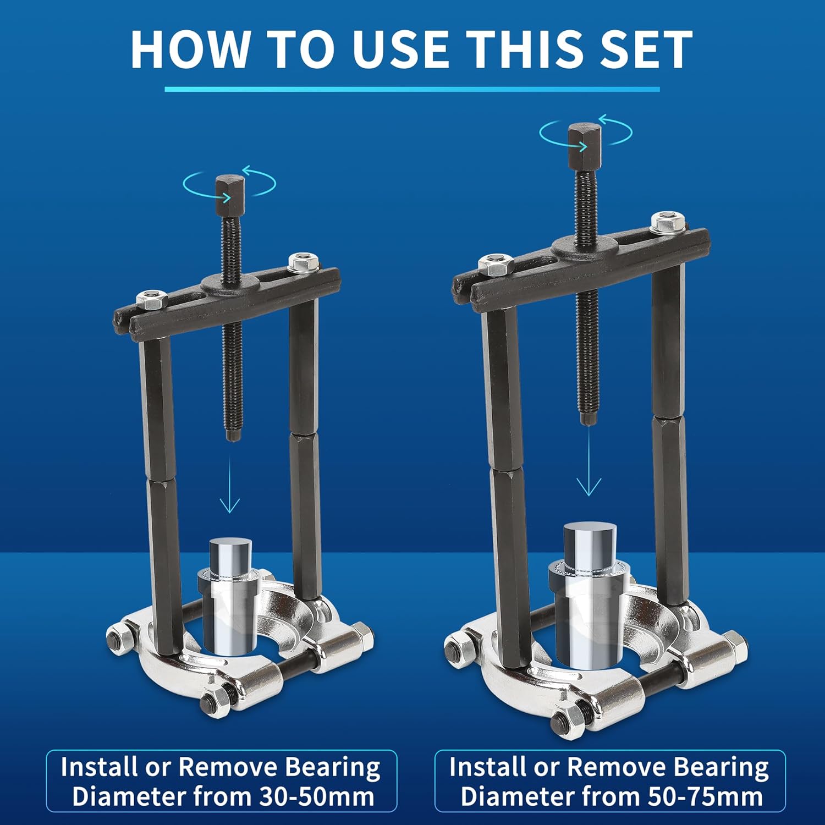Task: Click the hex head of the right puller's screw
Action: (x=585, y=145)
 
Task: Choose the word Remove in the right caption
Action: (x=617, y=767)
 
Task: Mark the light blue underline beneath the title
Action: (x=412, y=89)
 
